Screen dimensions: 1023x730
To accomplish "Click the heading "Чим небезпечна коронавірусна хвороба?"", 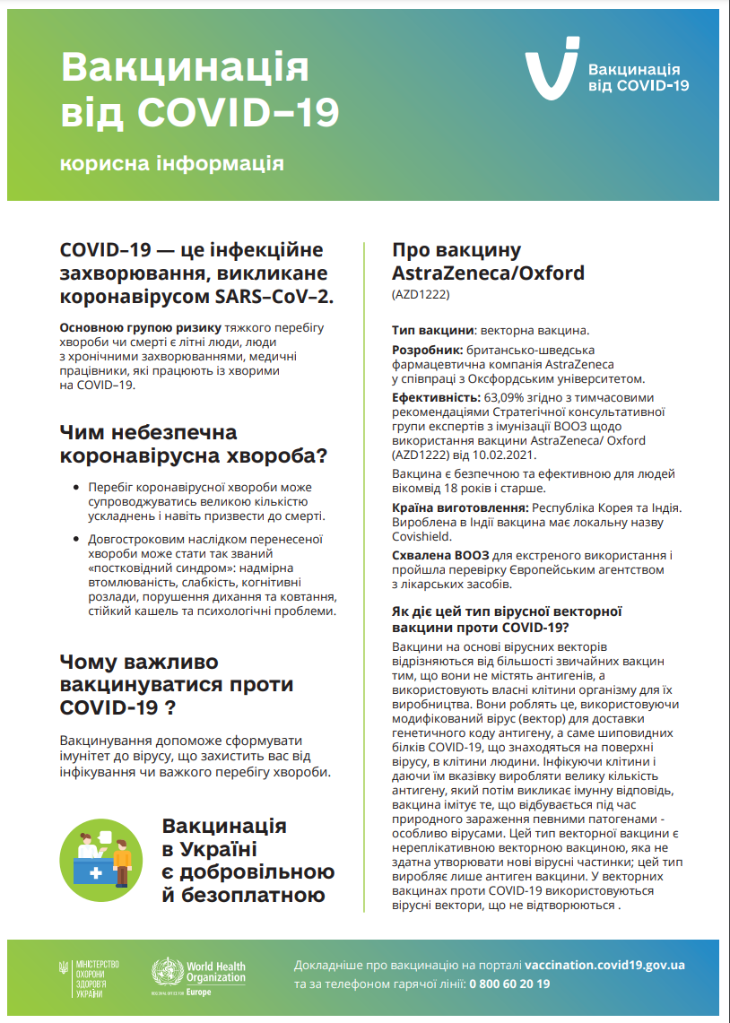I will [x=193, y=444].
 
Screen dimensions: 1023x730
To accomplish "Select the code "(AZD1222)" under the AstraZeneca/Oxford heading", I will [x=421, y=294].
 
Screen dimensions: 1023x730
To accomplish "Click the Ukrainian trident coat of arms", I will [x=63, y=968].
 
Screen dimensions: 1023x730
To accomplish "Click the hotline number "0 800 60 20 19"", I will [x=509, y=984].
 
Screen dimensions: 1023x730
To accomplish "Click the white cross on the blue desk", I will [x=96, y=871].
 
